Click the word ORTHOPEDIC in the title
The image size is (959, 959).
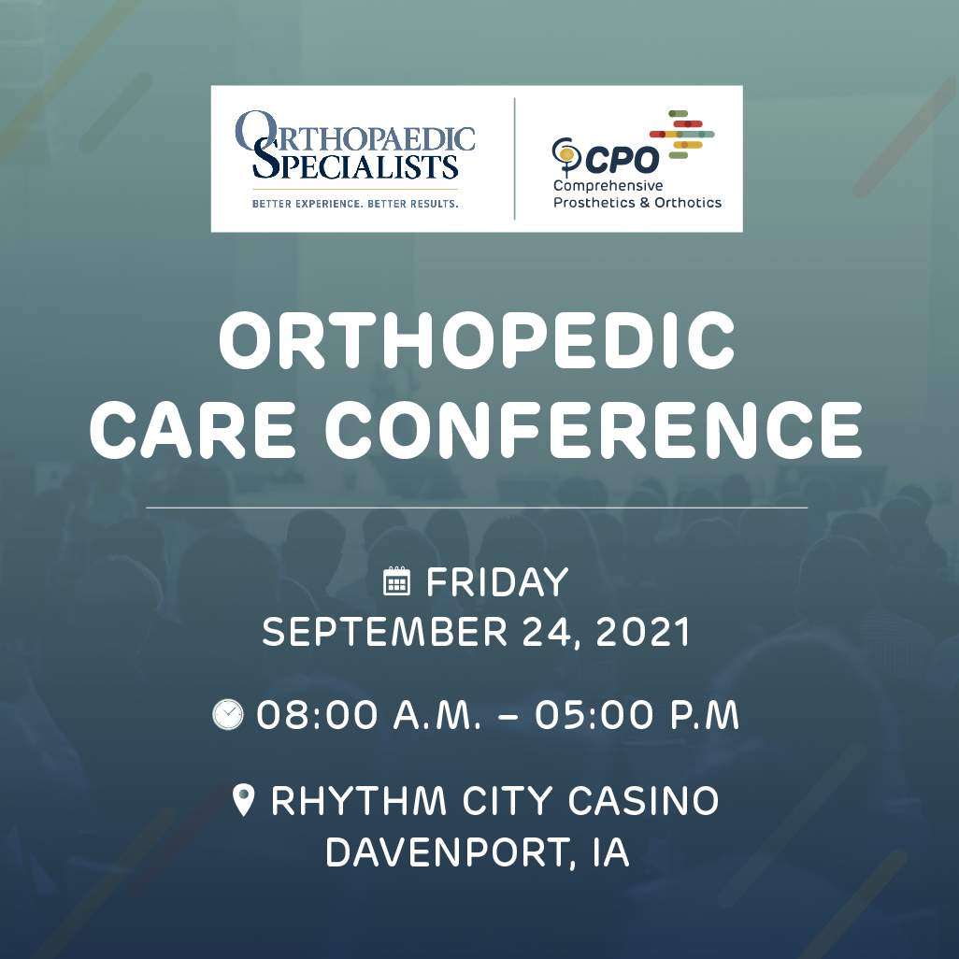click(x=477, y=341)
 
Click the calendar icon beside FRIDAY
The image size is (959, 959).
click(x=397, y=581)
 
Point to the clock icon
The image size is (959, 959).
click(x=228, y=715)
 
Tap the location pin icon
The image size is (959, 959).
click(x=244, y=801)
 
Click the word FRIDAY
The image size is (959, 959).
click(x=497, y=582)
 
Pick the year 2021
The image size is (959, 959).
click(x=643, y=633)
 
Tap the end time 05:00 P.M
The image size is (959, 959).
click(x=637, y=716)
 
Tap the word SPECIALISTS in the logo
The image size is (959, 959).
click(x=355, y=167)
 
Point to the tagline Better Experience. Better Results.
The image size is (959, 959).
click(x=355, y=202)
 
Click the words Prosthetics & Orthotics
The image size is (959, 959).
click(x=637, y=202)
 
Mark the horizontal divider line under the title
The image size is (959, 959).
click(x=477, y=508)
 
